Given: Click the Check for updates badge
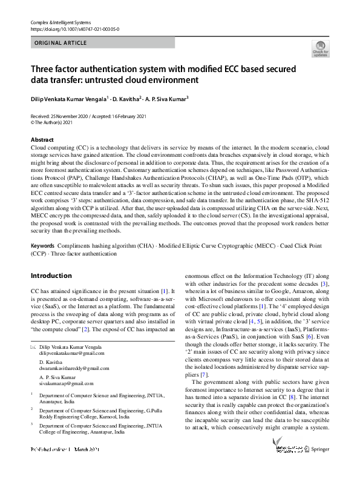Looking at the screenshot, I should (x=320, y=48).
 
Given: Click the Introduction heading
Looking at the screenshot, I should (x=51, y=276).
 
